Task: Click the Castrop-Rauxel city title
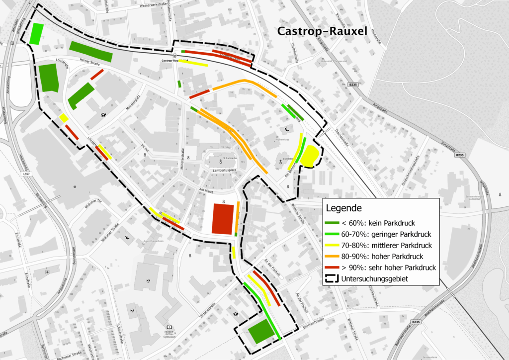tap(322, 32)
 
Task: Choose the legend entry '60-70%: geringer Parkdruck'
tap(378, 234)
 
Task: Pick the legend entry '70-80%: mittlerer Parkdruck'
tap(380, 245)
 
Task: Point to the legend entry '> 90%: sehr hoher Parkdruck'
tap(380, 268)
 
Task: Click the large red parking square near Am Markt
tap(223, 218)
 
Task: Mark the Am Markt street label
tap(208, 191)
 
